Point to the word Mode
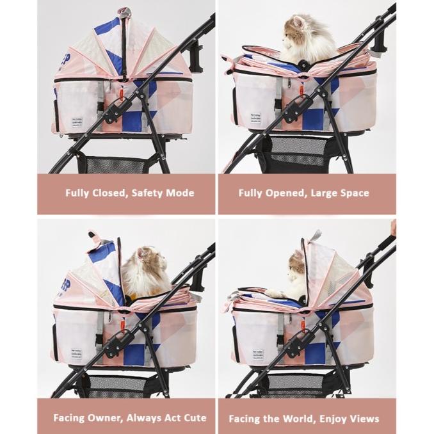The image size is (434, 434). tap(179, 193)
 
